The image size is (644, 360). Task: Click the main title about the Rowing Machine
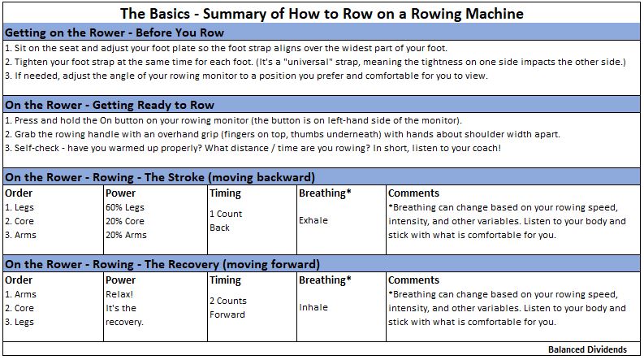[322, 14]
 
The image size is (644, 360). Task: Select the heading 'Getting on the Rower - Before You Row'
[115, 33]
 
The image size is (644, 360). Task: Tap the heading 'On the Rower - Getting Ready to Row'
[110, 105]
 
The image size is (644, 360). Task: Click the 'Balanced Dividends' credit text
[587, 349]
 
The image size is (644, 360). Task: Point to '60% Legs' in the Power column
[125, 207]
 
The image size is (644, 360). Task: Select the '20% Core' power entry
[125, 221]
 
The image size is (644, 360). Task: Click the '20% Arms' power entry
[126, 235]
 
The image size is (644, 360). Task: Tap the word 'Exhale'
[313, 220]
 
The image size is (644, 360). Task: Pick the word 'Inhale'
[313, 307]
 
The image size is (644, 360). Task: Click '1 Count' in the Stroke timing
[226, 214]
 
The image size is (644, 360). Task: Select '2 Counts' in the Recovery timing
[228, 301]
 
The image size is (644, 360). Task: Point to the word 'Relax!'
[119, 294]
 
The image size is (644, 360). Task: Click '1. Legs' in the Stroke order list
[19, 207]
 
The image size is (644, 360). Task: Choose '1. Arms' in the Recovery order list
[20, 294]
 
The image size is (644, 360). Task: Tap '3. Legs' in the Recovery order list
[19, 322]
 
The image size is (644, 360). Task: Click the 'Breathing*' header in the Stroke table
[325, 193]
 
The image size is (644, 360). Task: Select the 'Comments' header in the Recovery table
[413, 280]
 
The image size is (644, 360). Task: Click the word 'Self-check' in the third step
[37, 148]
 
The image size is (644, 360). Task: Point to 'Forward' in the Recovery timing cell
[227, 314]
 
